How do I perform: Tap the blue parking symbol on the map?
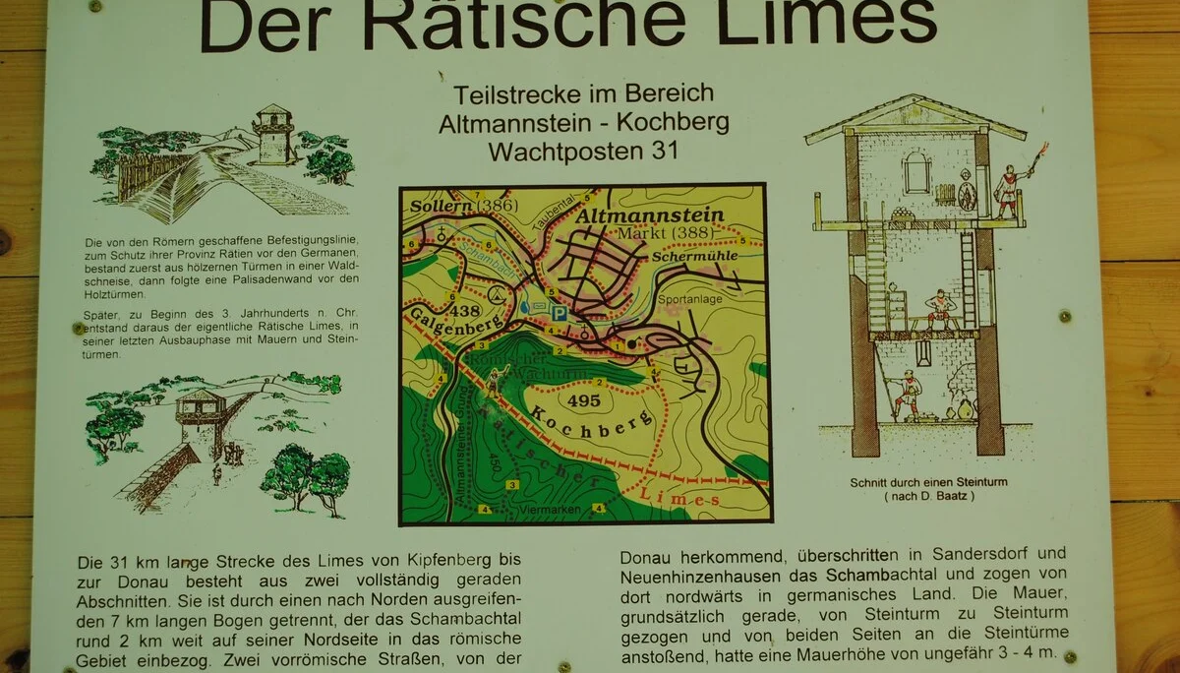(559, 314)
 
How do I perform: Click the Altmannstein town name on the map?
(650, 214)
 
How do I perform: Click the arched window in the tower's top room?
(916, 171)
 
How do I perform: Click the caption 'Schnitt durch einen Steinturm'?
(929, 482)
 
